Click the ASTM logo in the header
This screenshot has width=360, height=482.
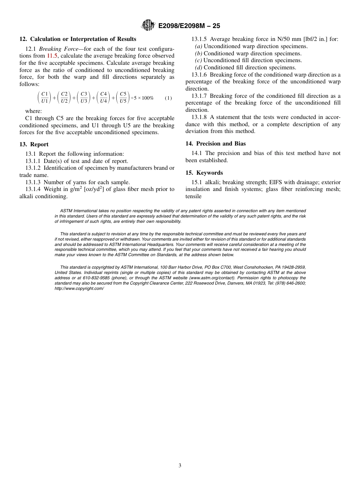click(148, 25)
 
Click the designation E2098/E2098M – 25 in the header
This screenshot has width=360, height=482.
click(189, 26)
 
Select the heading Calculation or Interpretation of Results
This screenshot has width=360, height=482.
click(83, 39)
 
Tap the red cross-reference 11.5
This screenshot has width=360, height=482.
click(52, 56)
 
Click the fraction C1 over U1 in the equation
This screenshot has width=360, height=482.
click(44, 97)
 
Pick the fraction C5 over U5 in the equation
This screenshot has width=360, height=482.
click(123, 97)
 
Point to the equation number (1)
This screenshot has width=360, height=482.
click(168, 98)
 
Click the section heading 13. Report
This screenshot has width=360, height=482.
click(34, 144)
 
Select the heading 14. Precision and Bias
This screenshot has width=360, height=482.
click(215, 144)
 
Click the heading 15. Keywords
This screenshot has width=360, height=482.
click(204, 173)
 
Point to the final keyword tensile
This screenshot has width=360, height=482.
click(193, 196)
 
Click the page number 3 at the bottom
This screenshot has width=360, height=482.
click(180, 466)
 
